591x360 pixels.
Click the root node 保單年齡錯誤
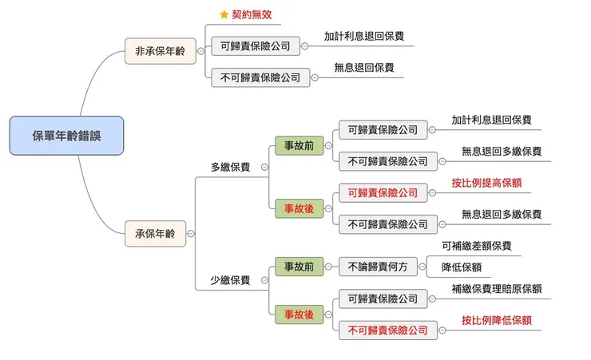point(67,135)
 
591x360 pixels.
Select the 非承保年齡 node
point(160,51)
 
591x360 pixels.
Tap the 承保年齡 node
point(155,235)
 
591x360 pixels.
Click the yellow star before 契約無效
point(224,14)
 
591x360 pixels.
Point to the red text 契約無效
point(252,14)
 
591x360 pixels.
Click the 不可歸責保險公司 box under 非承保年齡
point(260,77)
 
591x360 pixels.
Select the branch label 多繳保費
point(230,167)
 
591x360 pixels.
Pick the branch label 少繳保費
point(230,280)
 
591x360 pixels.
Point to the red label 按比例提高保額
point(486,183)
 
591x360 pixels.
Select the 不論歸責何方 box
point(378,266)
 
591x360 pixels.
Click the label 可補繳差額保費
point(477,246)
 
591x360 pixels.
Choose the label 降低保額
point(466,267)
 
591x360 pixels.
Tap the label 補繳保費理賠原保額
point(496,288)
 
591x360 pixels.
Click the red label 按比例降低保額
point(496,320)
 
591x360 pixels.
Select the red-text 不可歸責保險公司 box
point(387,330)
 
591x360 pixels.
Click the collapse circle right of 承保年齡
point(190,235)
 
